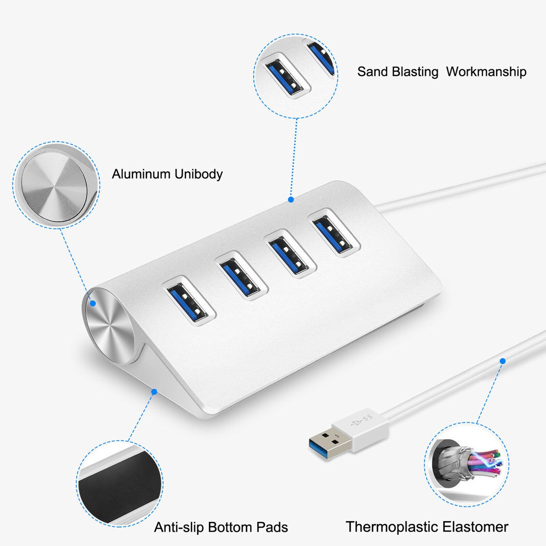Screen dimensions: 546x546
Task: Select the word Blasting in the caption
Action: click(x=415, y=72)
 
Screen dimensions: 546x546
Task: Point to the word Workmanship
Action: click(x=486, y=72)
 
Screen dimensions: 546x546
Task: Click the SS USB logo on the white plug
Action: click(x=362, y=421)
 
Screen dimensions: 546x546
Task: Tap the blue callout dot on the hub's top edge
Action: click(x=291, y=200)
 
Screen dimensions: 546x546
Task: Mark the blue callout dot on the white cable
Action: click(x=502, y=361)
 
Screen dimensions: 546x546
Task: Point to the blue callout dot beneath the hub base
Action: click(x=154, y=392)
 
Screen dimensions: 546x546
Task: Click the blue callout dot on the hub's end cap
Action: click(x=93, y=303)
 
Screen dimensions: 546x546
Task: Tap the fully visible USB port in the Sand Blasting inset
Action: click(x=284, y=76)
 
